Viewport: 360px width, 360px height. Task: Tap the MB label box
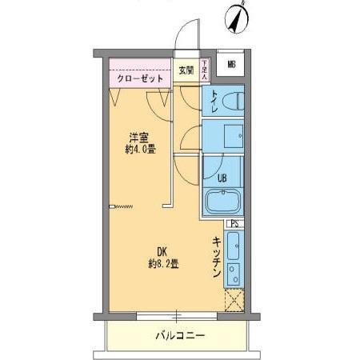click(230, 65)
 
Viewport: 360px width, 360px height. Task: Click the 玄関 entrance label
click(186, 68)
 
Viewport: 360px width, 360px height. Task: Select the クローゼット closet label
click(140, 79)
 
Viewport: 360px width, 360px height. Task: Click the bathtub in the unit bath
click(223, 202)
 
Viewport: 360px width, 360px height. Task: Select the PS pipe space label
click(234, 224)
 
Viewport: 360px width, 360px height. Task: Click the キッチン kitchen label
click(217, 258)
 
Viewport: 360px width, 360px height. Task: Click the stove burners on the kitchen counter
click(233, 273)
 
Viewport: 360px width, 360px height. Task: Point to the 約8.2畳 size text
click(162, 263)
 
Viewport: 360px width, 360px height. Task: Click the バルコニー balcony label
click(180, 335)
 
